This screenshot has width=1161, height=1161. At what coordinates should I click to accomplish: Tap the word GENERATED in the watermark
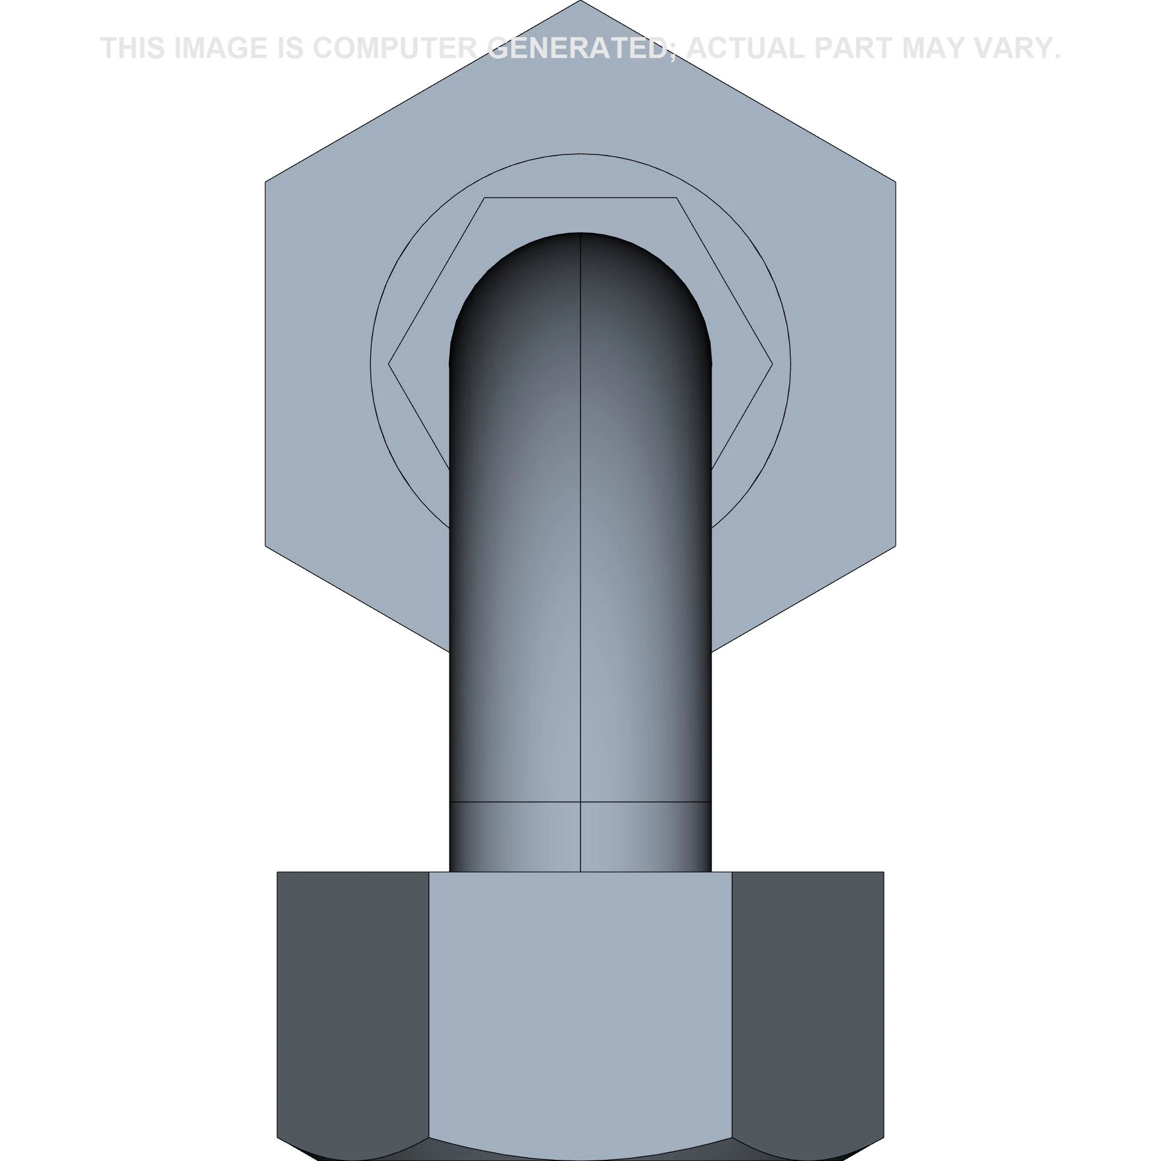[578, 49]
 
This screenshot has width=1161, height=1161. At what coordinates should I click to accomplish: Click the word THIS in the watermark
[132, 49]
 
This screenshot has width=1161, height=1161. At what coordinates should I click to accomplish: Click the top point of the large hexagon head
[580, 1]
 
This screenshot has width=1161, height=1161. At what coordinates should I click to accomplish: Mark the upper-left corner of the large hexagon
[266, 181]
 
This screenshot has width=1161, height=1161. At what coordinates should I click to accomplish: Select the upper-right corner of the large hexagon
[895, 181]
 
